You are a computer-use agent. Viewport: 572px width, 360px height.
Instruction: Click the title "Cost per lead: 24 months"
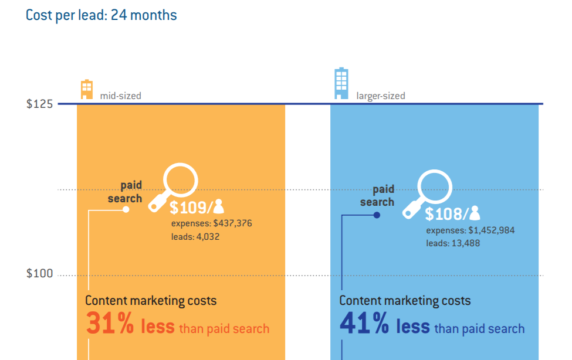coord(101,15)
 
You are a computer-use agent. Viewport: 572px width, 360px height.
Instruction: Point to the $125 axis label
coord(39,104)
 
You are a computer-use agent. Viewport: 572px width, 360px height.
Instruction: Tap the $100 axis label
coord(39,274)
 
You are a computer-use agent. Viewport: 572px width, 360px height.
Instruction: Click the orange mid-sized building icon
coord(87,89)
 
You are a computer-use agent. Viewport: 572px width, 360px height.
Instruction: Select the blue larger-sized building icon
coord(341,83)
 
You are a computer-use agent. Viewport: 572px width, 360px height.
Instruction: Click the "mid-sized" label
coord(121,96)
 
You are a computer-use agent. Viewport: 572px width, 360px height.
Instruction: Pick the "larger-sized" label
coord(381,96)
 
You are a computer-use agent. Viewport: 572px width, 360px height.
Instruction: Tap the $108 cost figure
coord(446,214)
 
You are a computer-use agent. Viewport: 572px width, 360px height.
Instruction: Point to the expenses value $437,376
coord(233,223)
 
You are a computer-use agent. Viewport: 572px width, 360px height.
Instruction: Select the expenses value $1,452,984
coord(492,230)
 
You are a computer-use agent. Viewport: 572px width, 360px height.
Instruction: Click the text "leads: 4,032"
coord(195,237)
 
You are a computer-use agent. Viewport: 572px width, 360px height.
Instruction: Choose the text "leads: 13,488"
coord(453,243)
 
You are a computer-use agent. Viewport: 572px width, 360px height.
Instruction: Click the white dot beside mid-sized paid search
coord(126,209)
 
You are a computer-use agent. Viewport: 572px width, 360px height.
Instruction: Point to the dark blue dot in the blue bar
coord(377,215)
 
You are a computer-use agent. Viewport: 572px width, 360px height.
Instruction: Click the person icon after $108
coord(475,213)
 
